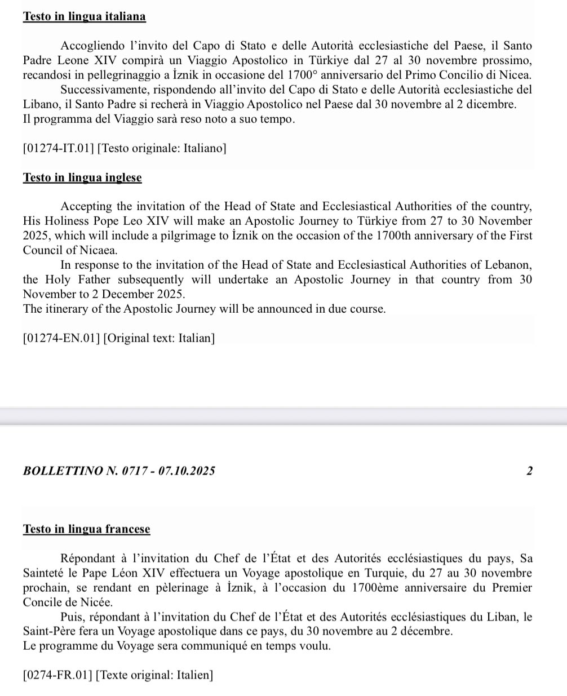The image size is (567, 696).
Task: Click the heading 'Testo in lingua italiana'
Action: (x=84, y=16)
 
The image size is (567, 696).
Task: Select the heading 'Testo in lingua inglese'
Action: (x=82, y=178)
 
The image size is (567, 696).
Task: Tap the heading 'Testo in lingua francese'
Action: (x=86, y=529)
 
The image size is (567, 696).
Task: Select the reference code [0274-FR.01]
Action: (x=57, y=675)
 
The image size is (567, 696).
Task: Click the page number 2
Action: (x=529, y=471)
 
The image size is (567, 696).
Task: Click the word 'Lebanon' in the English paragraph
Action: (x=511, y=265)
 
